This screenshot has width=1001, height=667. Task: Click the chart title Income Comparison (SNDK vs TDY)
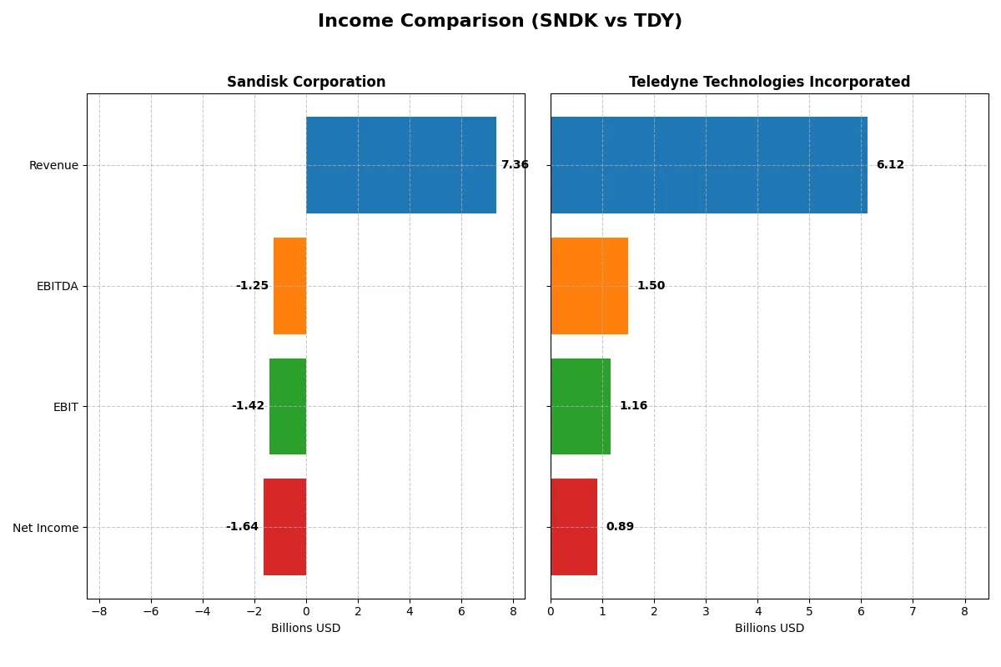[500, 21]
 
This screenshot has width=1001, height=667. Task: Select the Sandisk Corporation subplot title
[306, 82]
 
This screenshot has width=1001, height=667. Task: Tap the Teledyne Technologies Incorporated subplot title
[769, 82]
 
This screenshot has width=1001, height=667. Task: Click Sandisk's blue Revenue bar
[401, 165]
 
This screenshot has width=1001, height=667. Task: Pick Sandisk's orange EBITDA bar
[289, 286]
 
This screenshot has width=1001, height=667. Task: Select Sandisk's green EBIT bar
[288, 406]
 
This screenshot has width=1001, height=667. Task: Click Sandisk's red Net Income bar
[284, 527]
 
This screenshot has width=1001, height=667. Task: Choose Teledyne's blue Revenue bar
[709, 165]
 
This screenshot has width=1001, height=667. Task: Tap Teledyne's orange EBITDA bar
[589, 286]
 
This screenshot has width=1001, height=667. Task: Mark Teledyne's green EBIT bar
[581, 406]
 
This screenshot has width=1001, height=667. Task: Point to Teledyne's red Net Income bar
[574, 527]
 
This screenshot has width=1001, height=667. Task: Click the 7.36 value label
[515, 165]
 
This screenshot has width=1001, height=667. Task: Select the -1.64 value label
[242, 527]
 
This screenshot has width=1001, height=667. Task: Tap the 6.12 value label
[890, 165]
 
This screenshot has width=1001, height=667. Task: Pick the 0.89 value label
[620, 527]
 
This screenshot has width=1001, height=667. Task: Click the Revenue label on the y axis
[53, 165]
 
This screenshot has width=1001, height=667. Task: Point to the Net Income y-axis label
[46, 528]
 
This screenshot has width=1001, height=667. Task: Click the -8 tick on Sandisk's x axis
[99, 611]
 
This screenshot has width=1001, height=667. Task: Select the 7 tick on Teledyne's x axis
[913, 611]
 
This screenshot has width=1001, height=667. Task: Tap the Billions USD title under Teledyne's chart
[769, 628]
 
